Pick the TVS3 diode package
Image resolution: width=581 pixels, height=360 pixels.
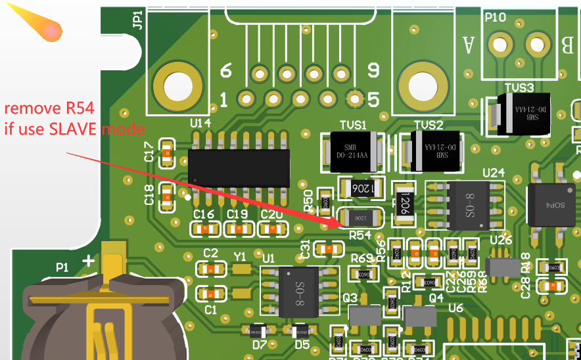click(x=523, y=113)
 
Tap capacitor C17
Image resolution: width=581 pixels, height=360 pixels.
click(x=166, y=153)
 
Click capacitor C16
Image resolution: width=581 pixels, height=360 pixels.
click(x=204, y=229)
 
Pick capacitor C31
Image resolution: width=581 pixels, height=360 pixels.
click(x=329, y=248)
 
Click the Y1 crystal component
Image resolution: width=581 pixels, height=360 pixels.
click(x=243, y=269)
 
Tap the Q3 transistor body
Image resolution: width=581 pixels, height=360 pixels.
click(x=364, y=317)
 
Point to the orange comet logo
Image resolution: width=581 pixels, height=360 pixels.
click(x=43, y=26)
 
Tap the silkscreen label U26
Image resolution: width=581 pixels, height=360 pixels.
click(x=501, y=240)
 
